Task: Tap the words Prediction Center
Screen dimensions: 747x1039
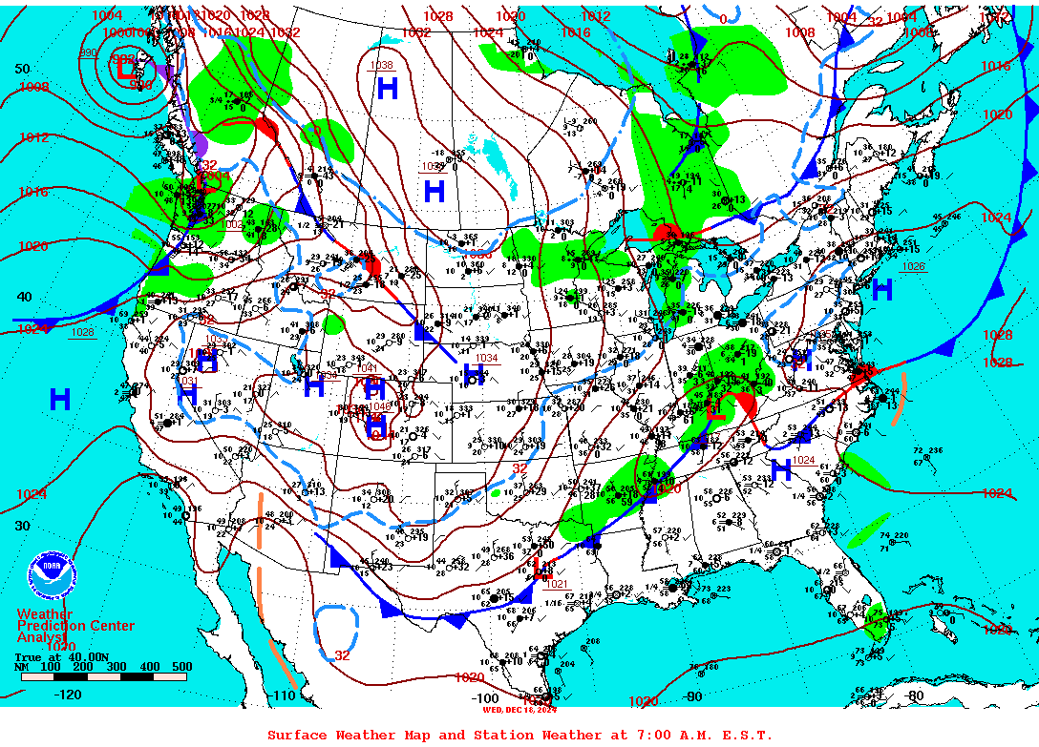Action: [75, 626]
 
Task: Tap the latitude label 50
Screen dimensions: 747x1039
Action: [22, 69]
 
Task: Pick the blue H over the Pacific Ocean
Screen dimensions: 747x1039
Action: [60, 400]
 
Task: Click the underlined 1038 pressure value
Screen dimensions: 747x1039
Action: [381, 66]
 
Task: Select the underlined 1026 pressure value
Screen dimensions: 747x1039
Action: [913, 266]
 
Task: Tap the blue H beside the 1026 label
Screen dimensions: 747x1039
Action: [881, 290]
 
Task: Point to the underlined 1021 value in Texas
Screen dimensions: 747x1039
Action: [556, 584]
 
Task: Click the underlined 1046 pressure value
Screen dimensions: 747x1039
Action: [379, 407]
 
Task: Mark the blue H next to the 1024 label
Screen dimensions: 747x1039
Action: [781, 469]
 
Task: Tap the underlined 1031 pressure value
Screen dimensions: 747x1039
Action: [188, 381]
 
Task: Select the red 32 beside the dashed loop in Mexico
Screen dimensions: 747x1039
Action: [342, 655]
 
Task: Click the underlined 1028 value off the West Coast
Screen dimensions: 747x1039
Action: [82, 332]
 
